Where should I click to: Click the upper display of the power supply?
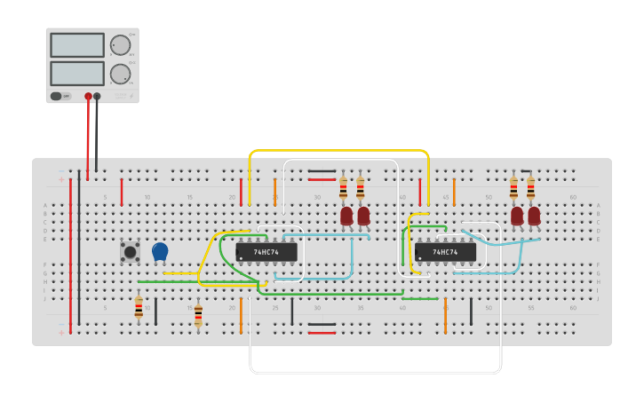[x=77, y=45]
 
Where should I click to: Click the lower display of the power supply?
[x=77, y=73]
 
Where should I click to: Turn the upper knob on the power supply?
[x=120, y=45]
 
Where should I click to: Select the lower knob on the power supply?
[x=120, y=74]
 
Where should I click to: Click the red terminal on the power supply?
[x=88, y=96]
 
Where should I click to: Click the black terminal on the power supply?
[x=98, y=96]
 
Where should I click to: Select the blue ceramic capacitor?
[x=160, y=252]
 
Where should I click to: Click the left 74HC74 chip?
[x=266, y=252]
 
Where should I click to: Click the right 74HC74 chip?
[x=445, y=252]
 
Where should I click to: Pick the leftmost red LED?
[x=346, y=216]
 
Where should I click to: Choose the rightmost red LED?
[x=534, y=216]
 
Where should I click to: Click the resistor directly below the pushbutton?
[x=139, y=308]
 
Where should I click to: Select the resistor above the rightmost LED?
[x=530, y=188]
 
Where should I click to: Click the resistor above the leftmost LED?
[x=344, y=188]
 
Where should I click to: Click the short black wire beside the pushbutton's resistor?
[x=155, y=311]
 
